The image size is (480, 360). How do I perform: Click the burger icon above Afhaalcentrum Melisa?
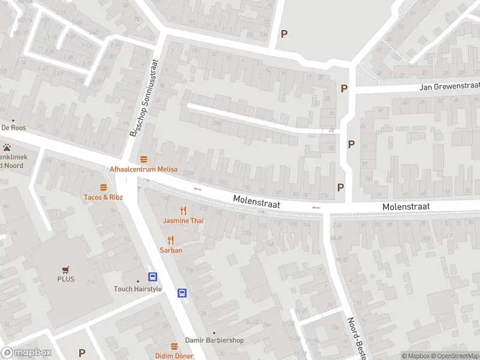pyautogui.click(x=143, y=160)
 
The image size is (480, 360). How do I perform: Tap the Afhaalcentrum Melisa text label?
pyautogui.click(x=143, y=169)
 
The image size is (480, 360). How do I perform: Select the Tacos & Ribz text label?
pyautogui.click(x=104, y=197)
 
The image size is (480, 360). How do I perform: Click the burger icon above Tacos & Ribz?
pyautogui.click(x=104, y=187)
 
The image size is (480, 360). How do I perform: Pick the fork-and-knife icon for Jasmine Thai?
pyautogui.click(x=184, y=211)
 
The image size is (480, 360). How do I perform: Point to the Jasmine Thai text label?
pyautogui.click(x=184, y=221)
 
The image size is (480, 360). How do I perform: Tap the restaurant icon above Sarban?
pyautogui.click(x=171, y=241)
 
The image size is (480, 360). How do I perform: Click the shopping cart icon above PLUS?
pyautogui.click(x=66, y=269)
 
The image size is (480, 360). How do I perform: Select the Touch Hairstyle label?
pyautogui.click(x=138, y=289)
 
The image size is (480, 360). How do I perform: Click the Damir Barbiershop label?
pyautogui.click(x=214, y=340)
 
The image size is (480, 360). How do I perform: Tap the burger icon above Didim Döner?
pyautogui.click(x=174, y=346)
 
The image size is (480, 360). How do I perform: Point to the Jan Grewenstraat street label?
pyautogui.click(x=449, y=87)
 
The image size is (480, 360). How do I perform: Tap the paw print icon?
pyautogui.click(x=7, y=147)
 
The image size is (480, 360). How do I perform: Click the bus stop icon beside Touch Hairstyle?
pyautogui.click(x=153, y=277)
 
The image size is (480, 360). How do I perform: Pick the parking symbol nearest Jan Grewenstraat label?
pyautogui.click(x=344, y=88)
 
